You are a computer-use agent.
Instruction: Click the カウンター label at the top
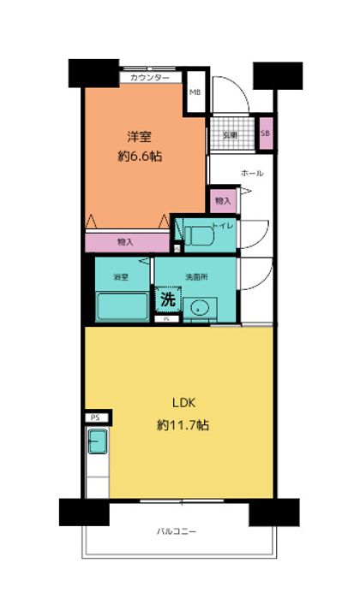click(x=150, y=78)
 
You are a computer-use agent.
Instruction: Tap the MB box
click(x=195, y=94)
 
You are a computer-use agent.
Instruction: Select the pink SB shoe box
click(x=265, y=134)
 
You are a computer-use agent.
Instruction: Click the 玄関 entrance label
click(x=231, y=134)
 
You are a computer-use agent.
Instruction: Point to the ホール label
click(x=252, y=173)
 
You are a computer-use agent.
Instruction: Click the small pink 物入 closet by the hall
click(x=222, y=200)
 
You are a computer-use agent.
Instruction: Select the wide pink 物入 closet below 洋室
click(x=126, y=242)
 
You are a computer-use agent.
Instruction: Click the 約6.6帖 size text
click(x=141, y=157)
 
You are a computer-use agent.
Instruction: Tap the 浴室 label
click(x=121, y=277)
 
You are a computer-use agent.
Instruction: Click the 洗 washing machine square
click(x=167, y=301)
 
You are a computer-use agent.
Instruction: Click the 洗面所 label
click(x=196, y=277)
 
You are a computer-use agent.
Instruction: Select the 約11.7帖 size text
click(x=183, y=424)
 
